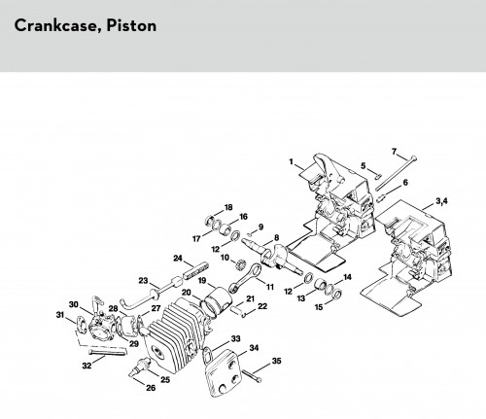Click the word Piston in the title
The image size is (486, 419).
[x=131, y=25]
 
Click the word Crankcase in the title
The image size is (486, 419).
[x=54, y=25]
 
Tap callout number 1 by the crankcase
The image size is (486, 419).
[x=291, y=161]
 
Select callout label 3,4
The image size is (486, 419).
[x=441, y=201]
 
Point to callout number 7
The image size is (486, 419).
[x=394, y=152]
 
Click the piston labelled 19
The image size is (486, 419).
[x=217, y=300]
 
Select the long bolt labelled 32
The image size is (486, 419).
[x=107, y=352]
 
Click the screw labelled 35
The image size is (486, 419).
[x=252, y=375]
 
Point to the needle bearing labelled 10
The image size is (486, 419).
[x=238, y=264]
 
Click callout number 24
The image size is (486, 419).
[x=178, y=259]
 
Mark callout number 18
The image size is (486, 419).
[x=228, y=207]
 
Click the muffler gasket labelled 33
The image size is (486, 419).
[x=207, y=356]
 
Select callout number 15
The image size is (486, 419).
[x=319, y=306]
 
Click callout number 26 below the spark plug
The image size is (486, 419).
[x=151, y=388]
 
